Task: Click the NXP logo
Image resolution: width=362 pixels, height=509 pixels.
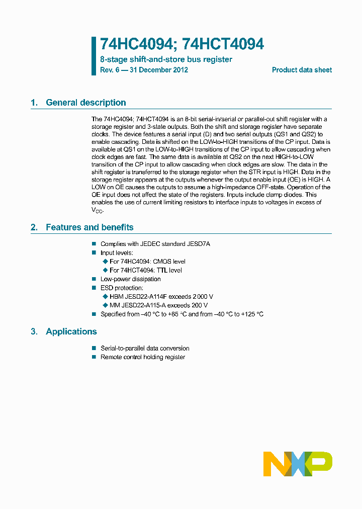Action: pos(298,464)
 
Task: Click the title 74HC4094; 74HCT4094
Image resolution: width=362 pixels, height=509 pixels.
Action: pos(182,44)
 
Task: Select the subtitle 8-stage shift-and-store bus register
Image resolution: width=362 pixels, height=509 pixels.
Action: pos(166,59)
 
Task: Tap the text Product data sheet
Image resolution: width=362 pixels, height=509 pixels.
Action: pos(302,70)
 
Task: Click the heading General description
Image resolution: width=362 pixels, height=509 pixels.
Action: pos(86,103)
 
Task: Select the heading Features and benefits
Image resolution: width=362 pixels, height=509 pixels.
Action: pos(89,227)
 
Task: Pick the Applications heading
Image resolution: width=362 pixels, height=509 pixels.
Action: pos(71,331)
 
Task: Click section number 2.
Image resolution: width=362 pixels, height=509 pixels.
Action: pos(34,227)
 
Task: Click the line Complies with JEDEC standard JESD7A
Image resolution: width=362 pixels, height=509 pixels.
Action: pos(155,244)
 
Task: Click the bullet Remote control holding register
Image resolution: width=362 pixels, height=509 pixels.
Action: pos(143,357)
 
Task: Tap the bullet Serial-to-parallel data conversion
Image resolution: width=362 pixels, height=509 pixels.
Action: pos(145,348)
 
